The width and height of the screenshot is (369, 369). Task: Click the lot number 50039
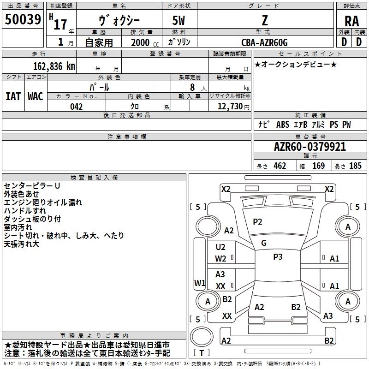click(x=23, y=19)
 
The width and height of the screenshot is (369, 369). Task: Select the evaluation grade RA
click(x=351, y=21)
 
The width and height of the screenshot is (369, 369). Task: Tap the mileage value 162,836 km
click(x=54, y=66)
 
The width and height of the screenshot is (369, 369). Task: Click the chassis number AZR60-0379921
click(x=310, y=147)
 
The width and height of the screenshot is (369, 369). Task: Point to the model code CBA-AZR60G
click(x=264, y=42)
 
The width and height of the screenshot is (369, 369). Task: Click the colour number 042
click(x=76, y=107)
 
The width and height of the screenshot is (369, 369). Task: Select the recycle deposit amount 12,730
click(x=230, y=106)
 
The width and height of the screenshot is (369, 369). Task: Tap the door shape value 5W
click(x=179, y=20)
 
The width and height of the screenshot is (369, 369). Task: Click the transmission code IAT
click(x=13, y=96)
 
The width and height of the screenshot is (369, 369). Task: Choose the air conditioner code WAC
click(x=36, y=96)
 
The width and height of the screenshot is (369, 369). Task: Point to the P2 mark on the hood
click(x=257, y=222)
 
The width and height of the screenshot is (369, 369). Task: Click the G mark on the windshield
click(x=264, y=243)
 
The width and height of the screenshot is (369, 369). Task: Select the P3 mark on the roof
click(x=278, y=256)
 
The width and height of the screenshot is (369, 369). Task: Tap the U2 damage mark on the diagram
click(x=220, y=247)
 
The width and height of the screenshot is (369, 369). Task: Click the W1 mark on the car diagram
click(x=200, y=283)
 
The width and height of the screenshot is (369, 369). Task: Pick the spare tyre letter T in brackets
click(x=202, y=353)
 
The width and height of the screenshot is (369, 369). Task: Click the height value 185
click(x=355, y=166)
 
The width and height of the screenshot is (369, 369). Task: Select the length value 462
click(x=280, y=166)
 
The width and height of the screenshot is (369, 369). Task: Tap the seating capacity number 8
click(x=192, y=87)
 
